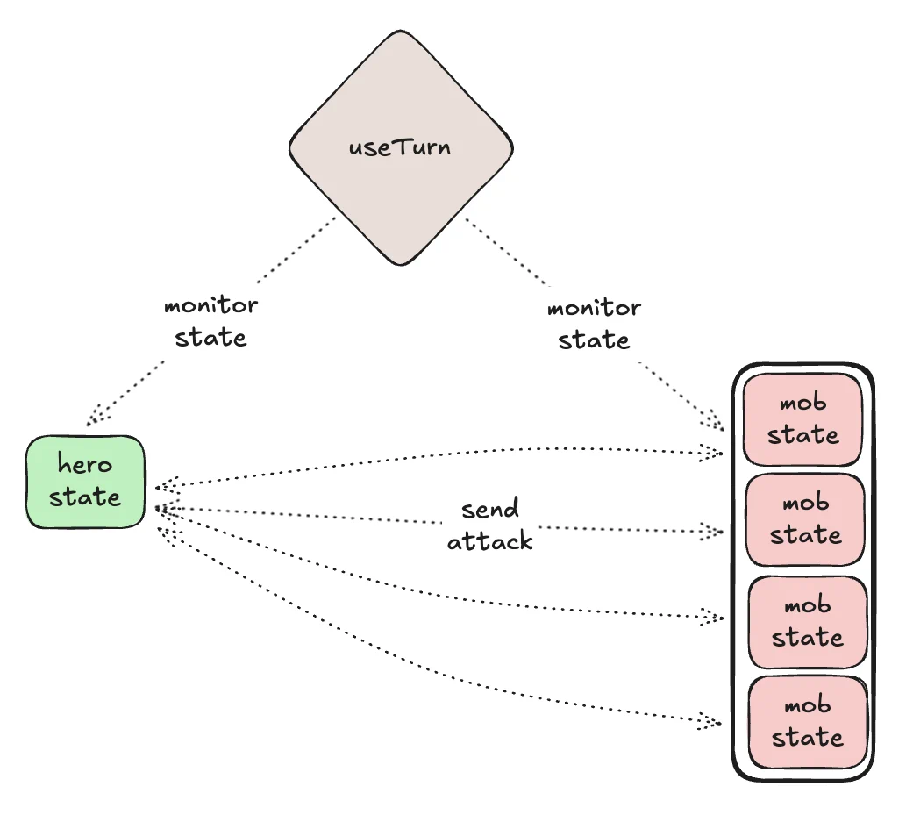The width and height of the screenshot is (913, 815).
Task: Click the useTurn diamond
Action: (401, 147)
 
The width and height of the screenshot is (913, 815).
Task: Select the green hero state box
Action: (85, 482)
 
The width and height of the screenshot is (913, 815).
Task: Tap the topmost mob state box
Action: (803, 419)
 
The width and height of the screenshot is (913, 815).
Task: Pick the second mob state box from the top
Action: (805, 519)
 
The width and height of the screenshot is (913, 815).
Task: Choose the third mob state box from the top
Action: (807, 621)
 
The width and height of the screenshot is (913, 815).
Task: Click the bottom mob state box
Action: (807, 721)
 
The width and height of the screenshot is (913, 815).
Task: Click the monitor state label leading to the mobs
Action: (594, 324)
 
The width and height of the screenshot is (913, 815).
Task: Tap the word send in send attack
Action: (489, 509)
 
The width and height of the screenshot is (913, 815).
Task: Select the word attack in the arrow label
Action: (489, 541)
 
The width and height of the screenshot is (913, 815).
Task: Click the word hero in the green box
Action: (85, 464)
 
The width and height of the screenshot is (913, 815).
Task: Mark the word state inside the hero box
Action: (85, 497)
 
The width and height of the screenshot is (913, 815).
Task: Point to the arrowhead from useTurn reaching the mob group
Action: (715, 421)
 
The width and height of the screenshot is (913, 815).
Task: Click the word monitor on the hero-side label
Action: (210, 306)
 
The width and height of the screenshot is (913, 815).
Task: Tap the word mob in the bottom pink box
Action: (807, 705)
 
